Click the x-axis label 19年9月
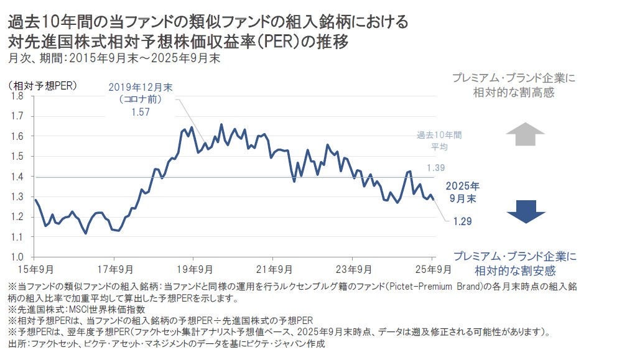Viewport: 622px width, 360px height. coord(193,269)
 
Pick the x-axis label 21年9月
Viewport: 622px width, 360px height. coord(272,269)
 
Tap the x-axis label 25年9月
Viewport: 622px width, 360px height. coord(432,269)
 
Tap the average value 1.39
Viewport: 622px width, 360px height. coord(435,168)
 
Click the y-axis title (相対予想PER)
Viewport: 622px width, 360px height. coord(42,85)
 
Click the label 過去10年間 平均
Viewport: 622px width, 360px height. coord(439,141)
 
